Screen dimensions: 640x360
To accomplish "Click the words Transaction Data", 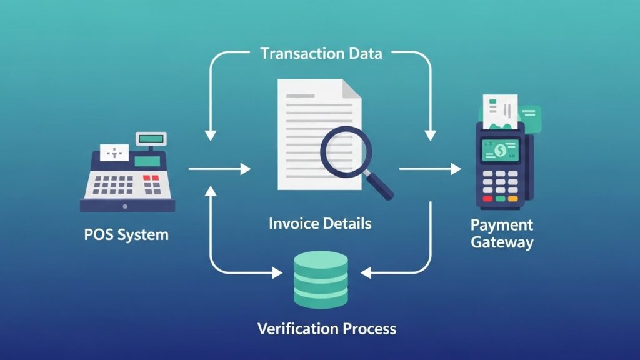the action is (x=321, y=54).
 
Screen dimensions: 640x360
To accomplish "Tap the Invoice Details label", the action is (x=320, y=224).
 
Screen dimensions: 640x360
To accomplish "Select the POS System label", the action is (x=126, y=235).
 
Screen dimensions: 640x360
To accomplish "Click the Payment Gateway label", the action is (x=502, y=234).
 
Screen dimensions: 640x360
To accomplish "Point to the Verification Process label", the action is (x=326, y=329).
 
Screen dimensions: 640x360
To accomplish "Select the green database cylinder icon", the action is (x=321, y=279).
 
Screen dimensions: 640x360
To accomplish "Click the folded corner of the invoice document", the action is (x=351, y=89).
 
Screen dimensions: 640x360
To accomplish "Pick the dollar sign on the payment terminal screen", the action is (x=501, y=151).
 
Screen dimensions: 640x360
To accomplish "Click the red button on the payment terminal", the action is (x=487, y=199).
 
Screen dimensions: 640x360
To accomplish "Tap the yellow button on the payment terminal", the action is (x=513, y=199).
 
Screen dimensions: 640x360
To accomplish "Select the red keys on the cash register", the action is (x=151, y=178).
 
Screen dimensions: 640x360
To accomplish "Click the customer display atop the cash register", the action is (x=151, y=139).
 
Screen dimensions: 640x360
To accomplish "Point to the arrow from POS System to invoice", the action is (x=219, y=169).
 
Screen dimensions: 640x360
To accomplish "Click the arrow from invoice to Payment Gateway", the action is (x=430, y=169).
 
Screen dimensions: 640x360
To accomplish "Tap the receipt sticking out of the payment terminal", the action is (x=501, y=112).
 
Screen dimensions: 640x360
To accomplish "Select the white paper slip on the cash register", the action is (x=114, y=152).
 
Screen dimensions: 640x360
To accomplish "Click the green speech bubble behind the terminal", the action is (x=530, y=119).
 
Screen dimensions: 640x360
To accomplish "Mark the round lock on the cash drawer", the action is (x=125, y=206).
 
